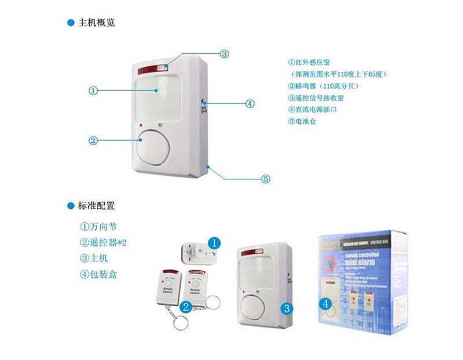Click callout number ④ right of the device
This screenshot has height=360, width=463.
coord(250,104)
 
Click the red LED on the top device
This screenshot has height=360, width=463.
coord(141,124)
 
